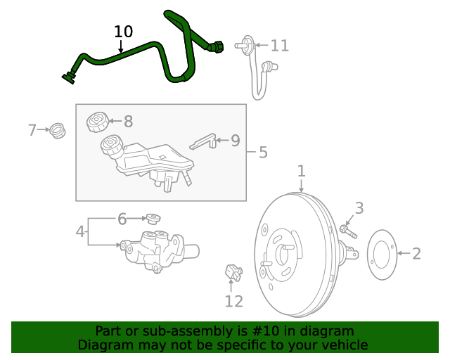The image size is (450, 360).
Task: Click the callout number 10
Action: (x=123, y=32)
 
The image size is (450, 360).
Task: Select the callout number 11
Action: (x=280, y=46)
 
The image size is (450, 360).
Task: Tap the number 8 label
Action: (x=128, y=121)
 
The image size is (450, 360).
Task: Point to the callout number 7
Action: (x=32, y=130)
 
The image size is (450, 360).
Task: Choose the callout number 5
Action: (x=263, y=152)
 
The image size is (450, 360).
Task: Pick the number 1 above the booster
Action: (x=301, y=171)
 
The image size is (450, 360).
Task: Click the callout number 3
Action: (x=359, y=207)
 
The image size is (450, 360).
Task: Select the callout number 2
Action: (x=416, y=253)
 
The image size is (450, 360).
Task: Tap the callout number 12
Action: (x=233, y=302)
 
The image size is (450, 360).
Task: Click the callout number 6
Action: (x=122, y=219)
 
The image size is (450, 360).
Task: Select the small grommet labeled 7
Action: (x=57, y=131)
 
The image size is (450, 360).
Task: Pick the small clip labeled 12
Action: (x=233, y=271)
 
